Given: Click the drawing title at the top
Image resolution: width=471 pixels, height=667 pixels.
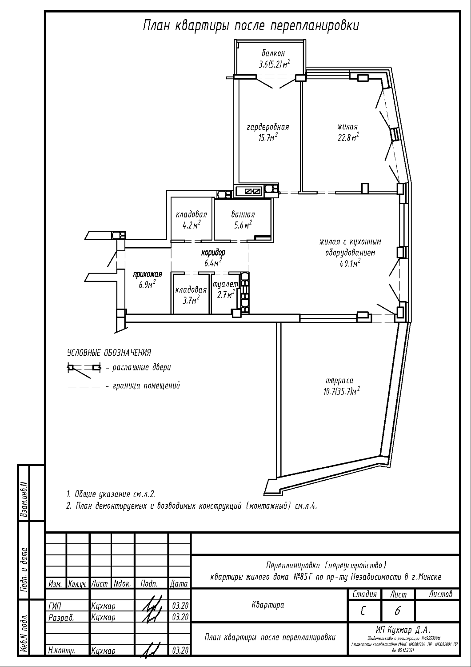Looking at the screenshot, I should [x=251, y=26].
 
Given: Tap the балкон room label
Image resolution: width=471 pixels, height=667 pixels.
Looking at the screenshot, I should [x=270, y=53].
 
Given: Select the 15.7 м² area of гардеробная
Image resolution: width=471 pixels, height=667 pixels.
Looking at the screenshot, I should [x=268, y=137].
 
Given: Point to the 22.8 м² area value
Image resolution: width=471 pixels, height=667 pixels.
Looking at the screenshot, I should [x=348, y=137].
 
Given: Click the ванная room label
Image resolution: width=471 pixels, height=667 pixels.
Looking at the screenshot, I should [x=243, y=214].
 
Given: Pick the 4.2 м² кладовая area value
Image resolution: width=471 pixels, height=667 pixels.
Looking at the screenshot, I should [x=192, y=225].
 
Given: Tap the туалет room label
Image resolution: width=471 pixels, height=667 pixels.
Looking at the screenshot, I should [x=226, y=284].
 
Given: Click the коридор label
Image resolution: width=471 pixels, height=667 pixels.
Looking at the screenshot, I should [x=213, y=253].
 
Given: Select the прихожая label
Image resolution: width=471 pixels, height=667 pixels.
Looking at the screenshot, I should [x=148, y=274].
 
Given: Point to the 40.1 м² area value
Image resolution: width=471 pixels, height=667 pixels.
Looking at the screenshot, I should [x=350, y=263].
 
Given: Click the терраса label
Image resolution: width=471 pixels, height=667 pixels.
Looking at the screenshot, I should [x=339, y=381].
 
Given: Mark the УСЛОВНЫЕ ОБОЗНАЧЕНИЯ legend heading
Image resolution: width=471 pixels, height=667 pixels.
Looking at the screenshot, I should [x=109, y=353].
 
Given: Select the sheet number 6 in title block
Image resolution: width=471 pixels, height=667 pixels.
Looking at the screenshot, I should [x=397, y=611].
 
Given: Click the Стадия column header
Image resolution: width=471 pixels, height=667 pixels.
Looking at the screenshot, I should [x=364, y=594].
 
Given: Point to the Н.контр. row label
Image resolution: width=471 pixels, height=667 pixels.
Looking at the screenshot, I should [x=61, y=651].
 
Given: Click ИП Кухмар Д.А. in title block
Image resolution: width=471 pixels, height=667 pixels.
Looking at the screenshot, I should [x=403, y=630].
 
